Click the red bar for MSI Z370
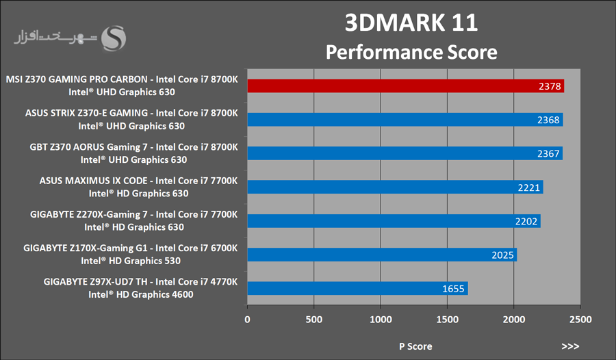point(405,86)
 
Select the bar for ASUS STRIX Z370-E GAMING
point(405,120)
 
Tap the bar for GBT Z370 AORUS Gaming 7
point(405,153)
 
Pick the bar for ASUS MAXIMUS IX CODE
point(395,187)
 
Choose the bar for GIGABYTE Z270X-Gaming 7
point(394,221)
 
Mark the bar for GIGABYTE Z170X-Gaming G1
point(382,255)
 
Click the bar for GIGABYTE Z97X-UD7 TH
point(357,288)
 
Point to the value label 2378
point(549,86)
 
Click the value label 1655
point(453,289)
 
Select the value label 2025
point(502,255)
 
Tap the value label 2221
point(528,188)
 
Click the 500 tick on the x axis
point(313,320)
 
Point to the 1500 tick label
point(447,320)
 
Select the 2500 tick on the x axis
point(580,320)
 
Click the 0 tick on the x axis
point(247,320)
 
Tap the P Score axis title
point(415,346)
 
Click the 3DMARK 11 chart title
point(411,23)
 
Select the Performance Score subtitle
point(411,52)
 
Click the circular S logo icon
point(114,38)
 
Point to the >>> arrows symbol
point(570,346)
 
